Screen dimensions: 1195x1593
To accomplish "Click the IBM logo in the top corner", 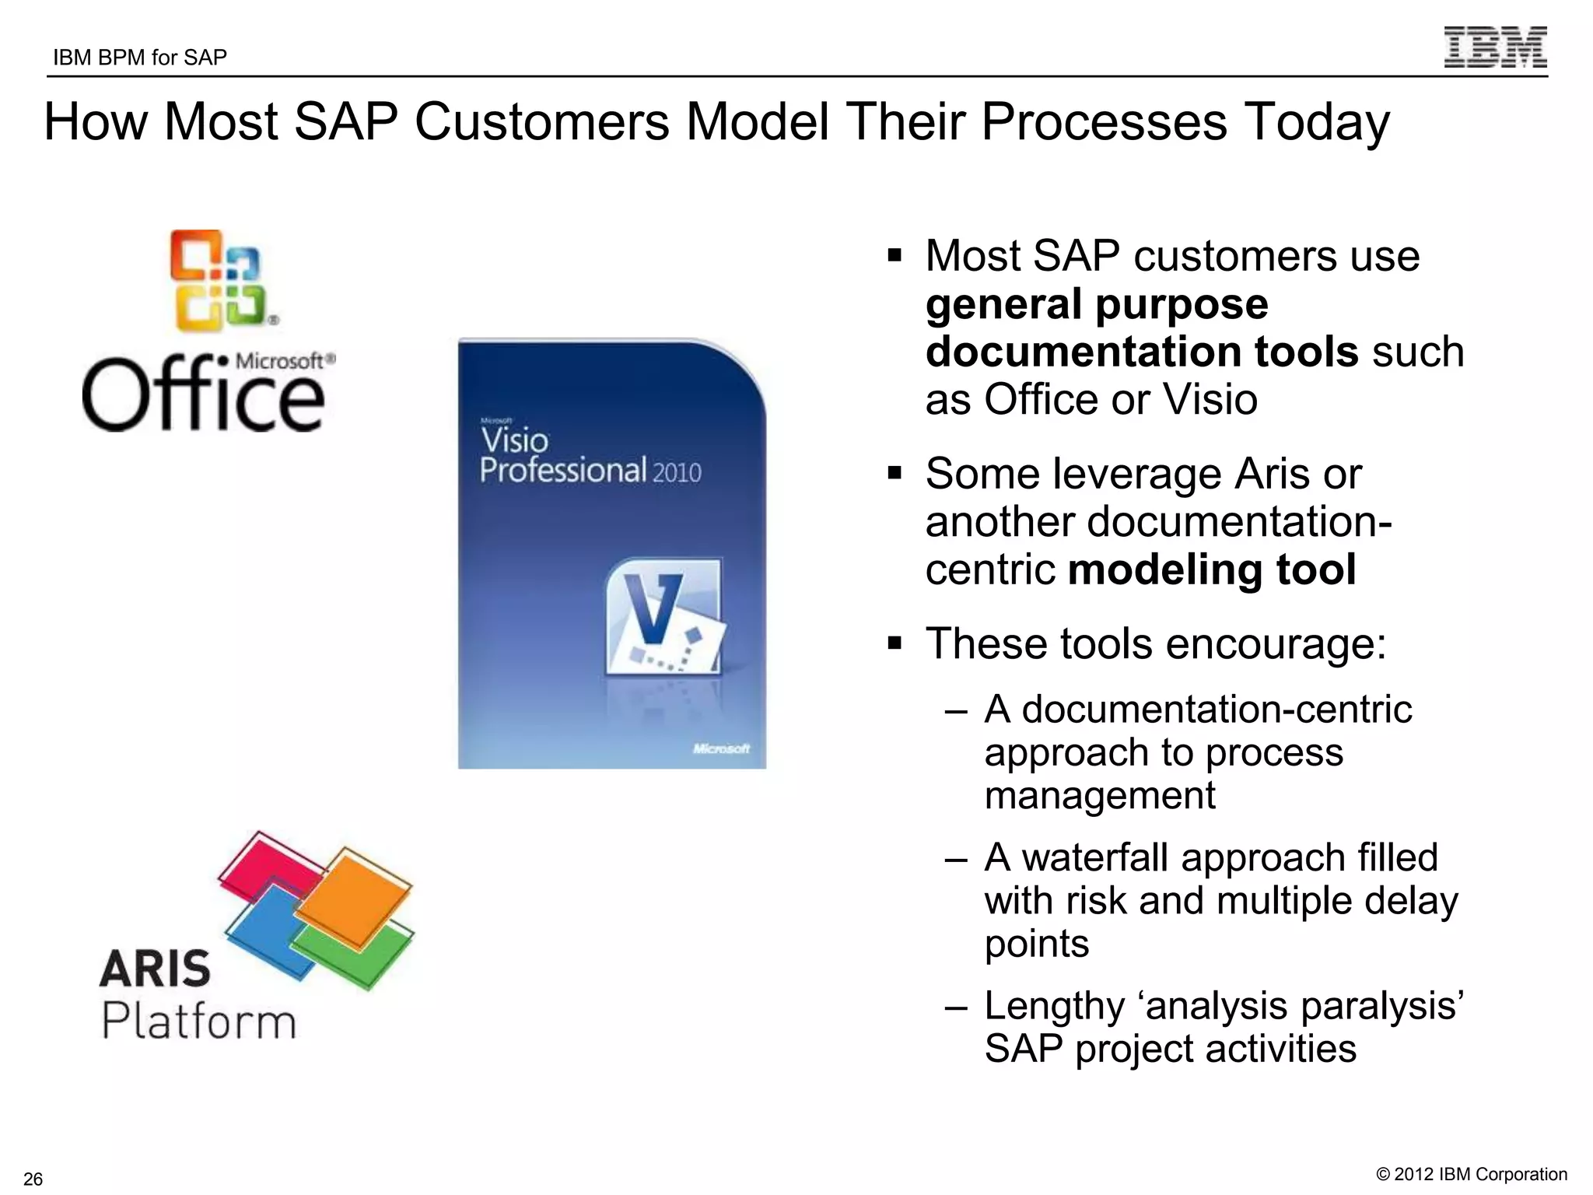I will point(1495,47).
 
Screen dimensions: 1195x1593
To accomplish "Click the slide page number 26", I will point(33,1179).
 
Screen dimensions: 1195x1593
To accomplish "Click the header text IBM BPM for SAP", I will point(140,58).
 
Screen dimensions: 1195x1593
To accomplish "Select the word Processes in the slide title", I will point(1104,123).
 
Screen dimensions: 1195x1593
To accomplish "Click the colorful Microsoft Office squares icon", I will point(220,281).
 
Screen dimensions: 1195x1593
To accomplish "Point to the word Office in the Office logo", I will point(202,395).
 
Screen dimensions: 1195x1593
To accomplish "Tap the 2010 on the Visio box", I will point(677,473).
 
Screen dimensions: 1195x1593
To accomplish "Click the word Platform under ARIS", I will point(199,1021).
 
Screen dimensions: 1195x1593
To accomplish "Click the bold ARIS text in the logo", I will point(156,969).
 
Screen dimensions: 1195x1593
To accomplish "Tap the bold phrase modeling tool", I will point(1212,569).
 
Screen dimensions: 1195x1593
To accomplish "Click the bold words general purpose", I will point(1097,304).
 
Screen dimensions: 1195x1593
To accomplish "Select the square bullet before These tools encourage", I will point(895,643).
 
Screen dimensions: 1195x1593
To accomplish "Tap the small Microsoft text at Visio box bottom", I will point(721,748).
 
